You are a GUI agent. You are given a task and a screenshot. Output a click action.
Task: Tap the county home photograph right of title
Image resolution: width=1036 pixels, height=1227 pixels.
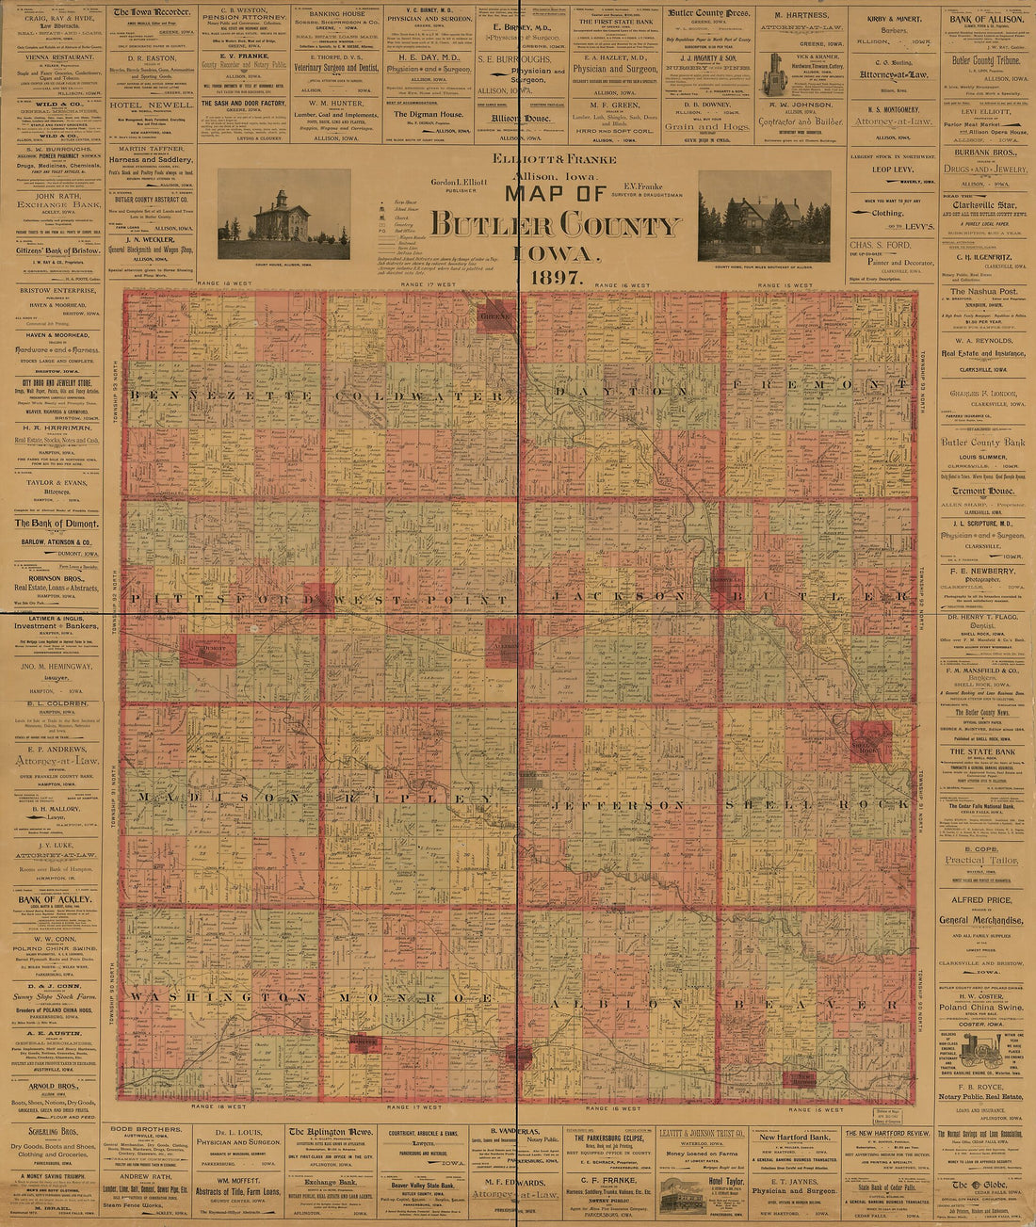click(x=764, y=217)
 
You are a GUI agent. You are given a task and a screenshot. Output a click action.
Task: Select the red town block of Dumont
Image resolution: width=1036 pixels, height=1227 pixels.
click(x=208, y=650)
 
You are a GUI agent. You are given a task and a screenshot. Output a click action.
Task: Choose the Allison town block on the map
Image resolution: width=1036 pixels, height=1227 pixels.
click(x=510, y=644)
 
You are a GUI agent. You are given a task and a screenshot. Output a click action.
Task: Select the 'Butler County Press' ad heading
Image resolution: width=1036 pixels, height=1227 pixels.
click(x=709, y=14)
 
